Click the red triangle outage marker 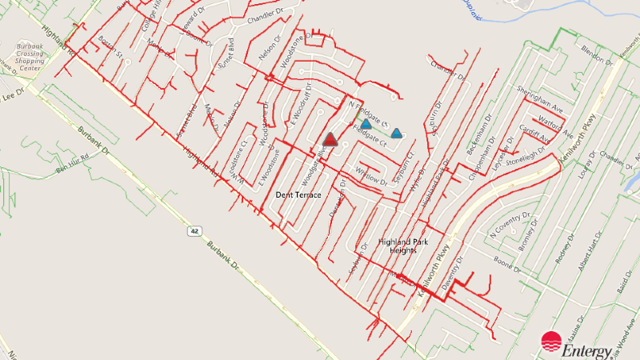[329, 140]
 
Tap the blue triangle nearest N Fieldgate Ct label [366, 124]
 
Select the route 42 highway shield [194, 230]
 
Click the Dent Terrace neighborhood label [298, 194]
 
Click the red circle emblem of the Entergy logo [552, 342]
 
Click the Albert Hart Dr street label [592, 254]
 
